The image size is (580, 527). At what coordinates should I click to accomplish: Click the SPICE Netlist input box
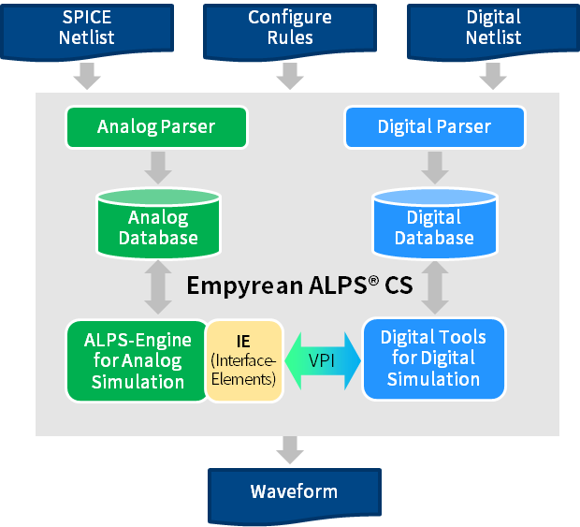[x=87, y=28]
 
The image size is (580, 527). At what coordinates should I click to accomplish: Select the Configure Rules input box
[x=290, y=28]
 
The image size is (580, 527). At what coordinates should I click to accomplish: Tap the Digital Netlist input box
[x=493, y=28]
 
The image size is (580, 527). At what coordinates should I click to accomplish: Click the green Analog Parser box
[x=156, y=126]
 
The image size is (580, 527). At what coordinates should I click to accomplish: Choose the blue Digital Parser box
[x=434, y=126]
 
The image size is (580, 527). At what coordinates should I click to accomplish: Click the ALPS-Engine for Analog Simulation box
[x=137, y=360]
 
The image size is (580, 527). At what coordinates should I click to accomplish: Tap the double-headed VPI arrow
[x=323, y=359]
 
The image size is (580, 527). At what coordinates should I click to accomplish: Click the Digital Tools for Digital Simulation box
[x=433, y=359]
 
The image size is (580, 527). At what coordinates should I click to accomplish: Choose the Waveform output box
[x=294, y=492]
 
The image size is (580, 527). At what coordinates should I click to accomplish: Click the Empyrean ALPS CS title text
[x=299, y=285]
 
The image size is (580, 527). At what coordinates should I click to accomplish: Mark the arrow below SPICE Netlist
[x=87, y=75]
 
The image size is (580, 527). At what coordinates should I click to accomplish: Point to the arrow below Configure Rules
[x=291, y=75]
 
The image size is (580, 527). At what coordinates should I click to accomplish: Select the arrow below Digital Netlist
[x=492, y=75]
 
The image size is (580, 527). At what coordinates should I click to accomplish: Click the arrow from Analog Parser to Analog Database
[x=157, y=166]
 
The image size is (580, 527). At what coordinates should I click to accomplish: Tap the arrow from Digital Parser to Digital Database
[x=434, y=166]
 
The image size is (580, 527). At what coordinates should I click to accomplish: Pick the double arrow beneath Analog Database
[x=157, y=287]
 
